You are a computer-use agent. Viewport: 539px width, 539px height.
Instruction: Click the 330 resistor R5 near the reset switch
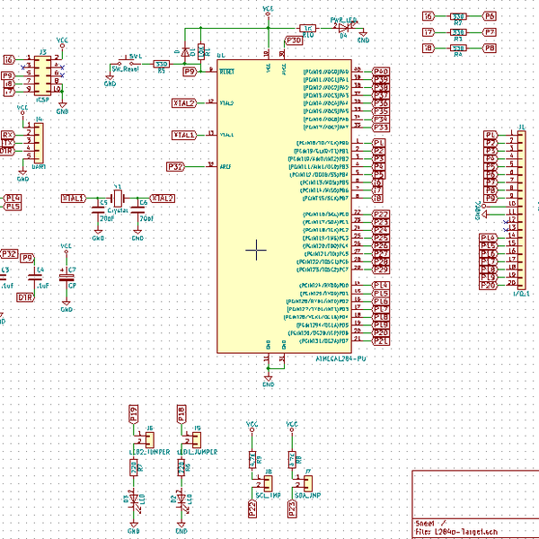click(162, 64)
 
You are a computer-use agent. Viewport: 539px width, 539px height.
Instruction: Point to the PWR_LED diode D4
click(343, 28)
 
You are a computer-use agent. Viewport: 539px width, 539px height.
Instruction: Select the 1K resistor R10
click(308, 29)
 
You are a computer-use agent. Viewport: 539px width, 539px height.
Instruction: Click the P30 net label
click(294, 40)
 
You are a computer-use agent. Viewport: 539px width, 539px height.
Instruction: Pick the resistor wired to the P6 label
click(458, 16)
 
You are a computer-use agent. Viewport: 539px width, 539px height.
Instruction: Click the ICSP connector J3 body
click(42, 75)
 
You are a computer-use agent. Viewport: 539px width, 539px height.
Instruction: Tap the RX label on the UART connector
click(8, 135)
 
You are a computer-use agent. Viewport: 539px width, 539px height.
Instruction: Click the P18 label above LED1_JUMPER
click(181, 413)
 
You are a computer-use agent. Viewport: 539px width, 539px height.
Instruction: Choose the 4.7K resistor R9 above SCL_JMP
click(252, 459)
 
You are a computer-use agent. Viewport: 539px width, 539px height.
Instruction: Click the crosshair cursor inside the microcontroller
click(257, 250)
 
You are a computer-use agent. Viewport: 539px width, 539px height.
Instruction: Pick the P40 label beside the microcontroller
click(380, 71)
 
